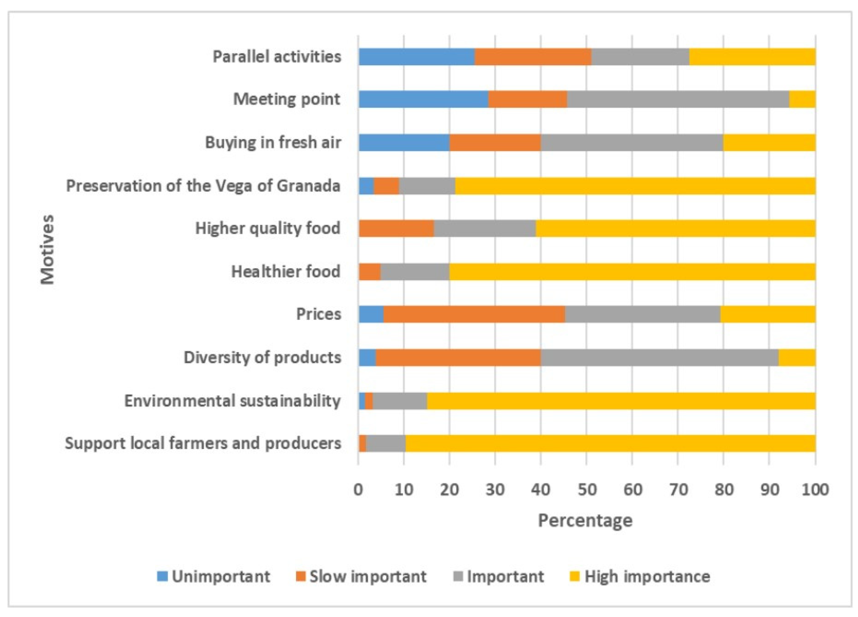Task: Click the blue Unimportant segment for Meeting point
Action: click(x=423, y=100)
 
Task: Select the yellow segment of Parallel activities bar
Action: click(x=752, y=57)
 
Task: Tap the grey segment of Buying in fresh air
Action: click(x=632, y=143)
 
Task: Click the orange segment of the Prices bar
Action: click(x=474, y=314)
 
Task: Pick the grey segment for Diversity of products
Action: click(x=659, y=357)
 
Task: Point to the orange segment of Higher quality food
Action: click(x=396, y=229)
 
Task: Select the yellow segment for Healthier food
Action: click(x=632, y=272)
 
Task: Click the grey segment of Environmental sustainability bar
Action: click(x=400, y=401)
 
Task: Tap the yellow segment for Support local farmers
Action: click(x=610, y=443)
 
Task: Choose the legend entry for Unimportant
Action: click(x=214, y=576)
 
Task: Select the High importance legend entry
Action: click(x=640, y=576)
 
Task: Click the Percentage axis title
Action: click(x=585, y=521)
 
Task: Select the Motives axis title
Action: click(x=48, y=250)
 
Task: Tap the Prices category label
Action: click(x=318, y=314)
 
